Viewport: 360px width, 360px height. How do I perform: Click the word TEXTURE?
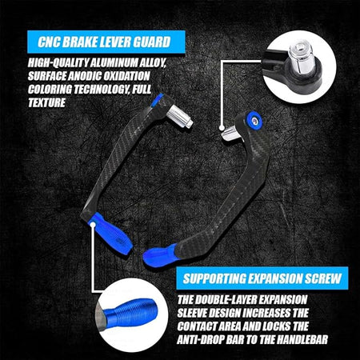click(46, 102)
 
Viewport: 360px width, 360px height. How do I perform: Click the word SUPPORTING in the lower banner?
click(214, 278)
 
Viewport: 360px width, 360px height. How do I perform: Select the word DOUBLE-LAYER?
click(226, 300)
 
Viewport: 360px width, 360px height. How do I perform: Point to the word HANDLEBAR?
click(302, 340)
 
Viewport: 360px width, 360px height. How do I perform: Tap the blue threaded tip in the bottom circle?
click(130, 311)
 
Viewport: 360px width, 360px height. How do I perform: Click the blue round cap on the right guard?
click(254, 119)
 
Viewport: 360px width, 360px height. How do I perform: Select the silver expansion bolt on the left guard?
click(180, 117)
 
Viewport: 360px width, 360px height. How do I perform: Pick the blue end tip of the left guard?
click(110, 233)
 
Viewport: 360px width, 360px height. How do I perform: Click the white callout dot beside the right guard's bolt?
click(222, 128)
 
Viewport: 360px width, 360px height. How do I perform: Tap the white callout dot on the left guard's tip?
click(93, 225)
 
